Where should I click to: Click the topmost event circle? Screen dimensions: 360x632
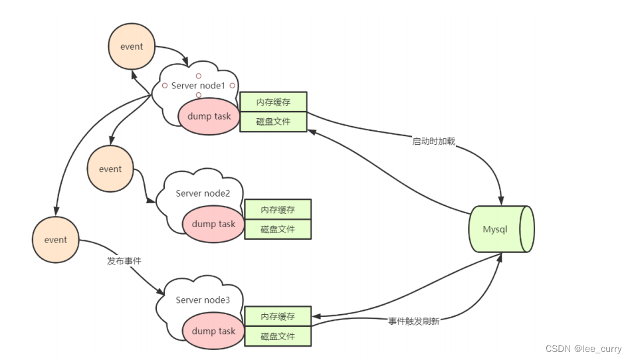pyautogui.click(x=131, y=47)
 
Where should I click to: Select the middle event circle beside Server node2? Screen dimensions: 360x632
pyautogui.click(x=110, y=169)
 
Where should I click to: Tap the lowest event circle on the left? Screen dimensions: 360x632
pyautogui.click(x=56, y=239)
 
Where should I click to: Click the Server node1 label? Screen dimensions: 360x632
pyautogui.click(x=198, y=86)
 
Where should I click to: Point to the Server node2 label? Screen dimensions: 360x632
pyautogui.click(x=203, y=193)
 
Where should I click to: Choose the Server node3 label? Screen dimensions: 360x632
pyautogui.click(x=203, y=300)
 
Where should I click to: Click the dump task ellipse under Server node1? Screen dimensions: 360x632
pyautogui.click(x=209, y=116)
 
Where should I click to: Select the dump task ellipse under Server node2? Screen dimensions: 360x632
pyautogui.click(x=213, y=224)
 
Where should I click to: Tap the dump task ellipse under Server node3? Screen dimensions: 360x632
pyautogui.click(x=213, y=331)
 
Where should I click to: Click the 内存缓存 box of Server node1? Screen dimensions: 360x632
pyautogui.click(x=273, y=102)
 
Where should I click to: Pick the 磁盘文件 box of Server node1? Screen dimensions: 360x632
pyautogui.click(x=273, y=122)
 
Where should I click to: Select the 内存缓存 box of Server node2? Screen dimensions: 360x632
pyautogui.click(x=277, y=209)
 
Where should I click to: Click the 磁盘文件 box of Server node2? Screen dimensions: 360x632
pyautogui.click(x=277, y=229)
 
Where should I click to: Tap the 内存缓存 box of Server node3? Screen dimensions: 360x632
pyautogui.click(x=277, y=316)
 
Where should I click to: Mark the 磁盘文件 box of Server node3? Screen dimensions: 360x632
pyautogui.click(x=277, y=336)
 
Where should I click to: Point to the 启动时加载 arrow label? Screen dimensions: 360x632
pyautogui.click(x=433, y=141)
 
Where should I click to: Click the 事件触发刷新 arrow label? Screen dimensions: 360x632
pyautogui.click(x=413, y=321)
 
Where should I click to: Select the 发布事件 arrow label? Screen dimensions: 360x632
pyautogui.click(x=124, y=261)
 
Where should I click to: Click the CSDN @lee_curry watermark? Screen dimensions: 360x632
pyautogui.click(x=583, y=349)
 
